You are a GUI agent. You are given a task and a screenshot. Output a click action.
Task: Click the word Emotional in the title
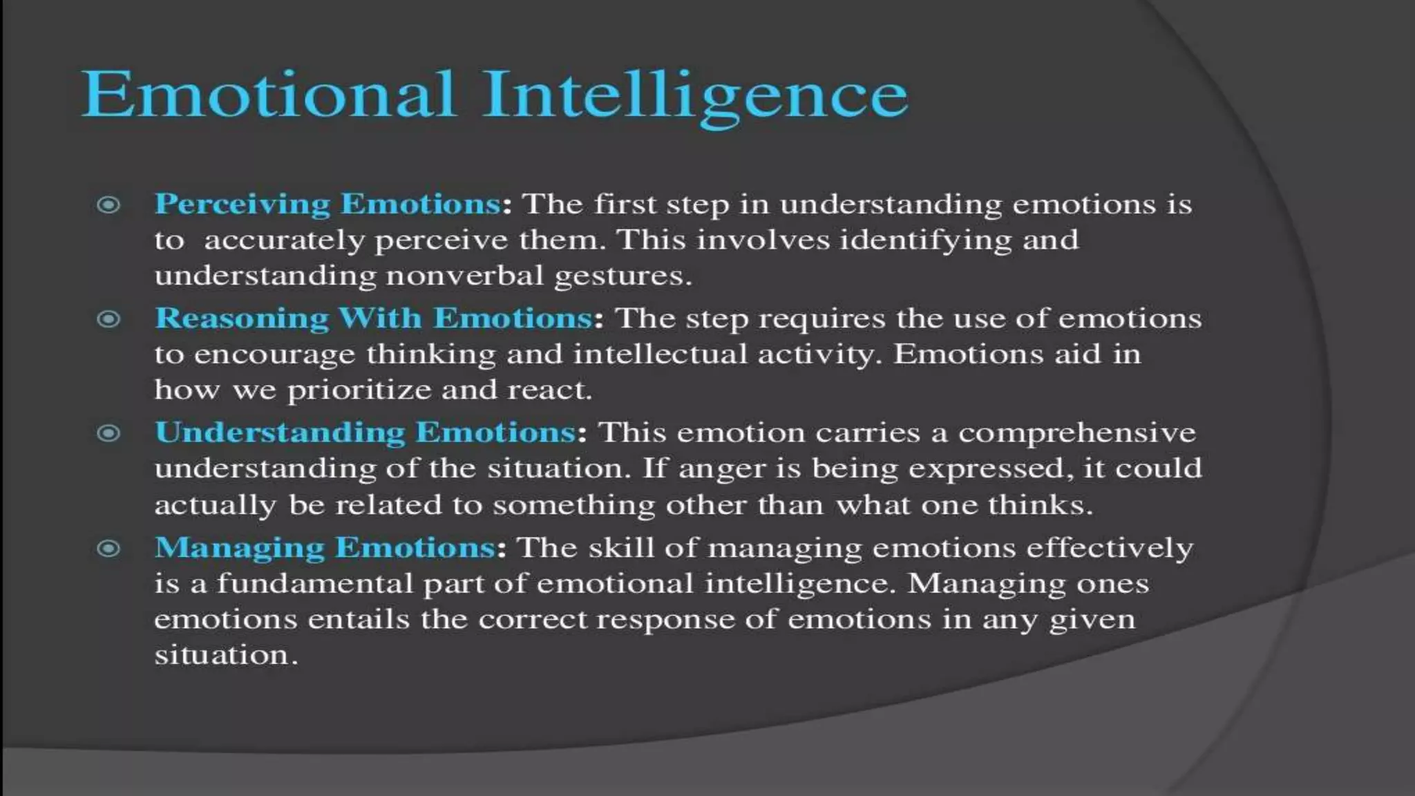coord(268,95)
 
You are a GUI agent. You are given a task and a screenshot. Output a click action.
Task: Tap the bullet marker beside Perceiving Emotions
coord(108,205)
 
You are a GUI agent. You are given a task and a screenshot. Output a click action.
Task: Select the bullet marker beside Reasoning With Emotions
coord(108,319)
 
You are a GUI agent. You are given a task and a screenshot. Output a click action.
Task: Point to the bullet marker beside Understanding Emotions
coord(108,433)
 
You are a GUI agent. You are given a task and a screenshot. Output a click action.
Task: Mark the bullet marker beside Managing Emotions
coord(108,549)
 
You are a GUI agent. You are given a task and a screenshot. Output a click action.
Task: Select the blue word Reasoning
coord(242,319)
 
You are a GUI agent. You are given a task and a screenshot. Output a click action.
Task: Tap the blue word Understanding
coord(280,433)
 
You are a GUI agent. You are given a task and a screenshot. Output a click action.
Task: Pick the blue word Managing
coord(239,548)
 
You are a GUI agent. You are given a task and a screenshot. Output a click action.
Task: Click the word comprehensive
coord(1076,434)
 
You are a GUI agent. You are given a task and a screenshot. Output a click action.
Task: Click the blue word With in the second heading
coord(379,319)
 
